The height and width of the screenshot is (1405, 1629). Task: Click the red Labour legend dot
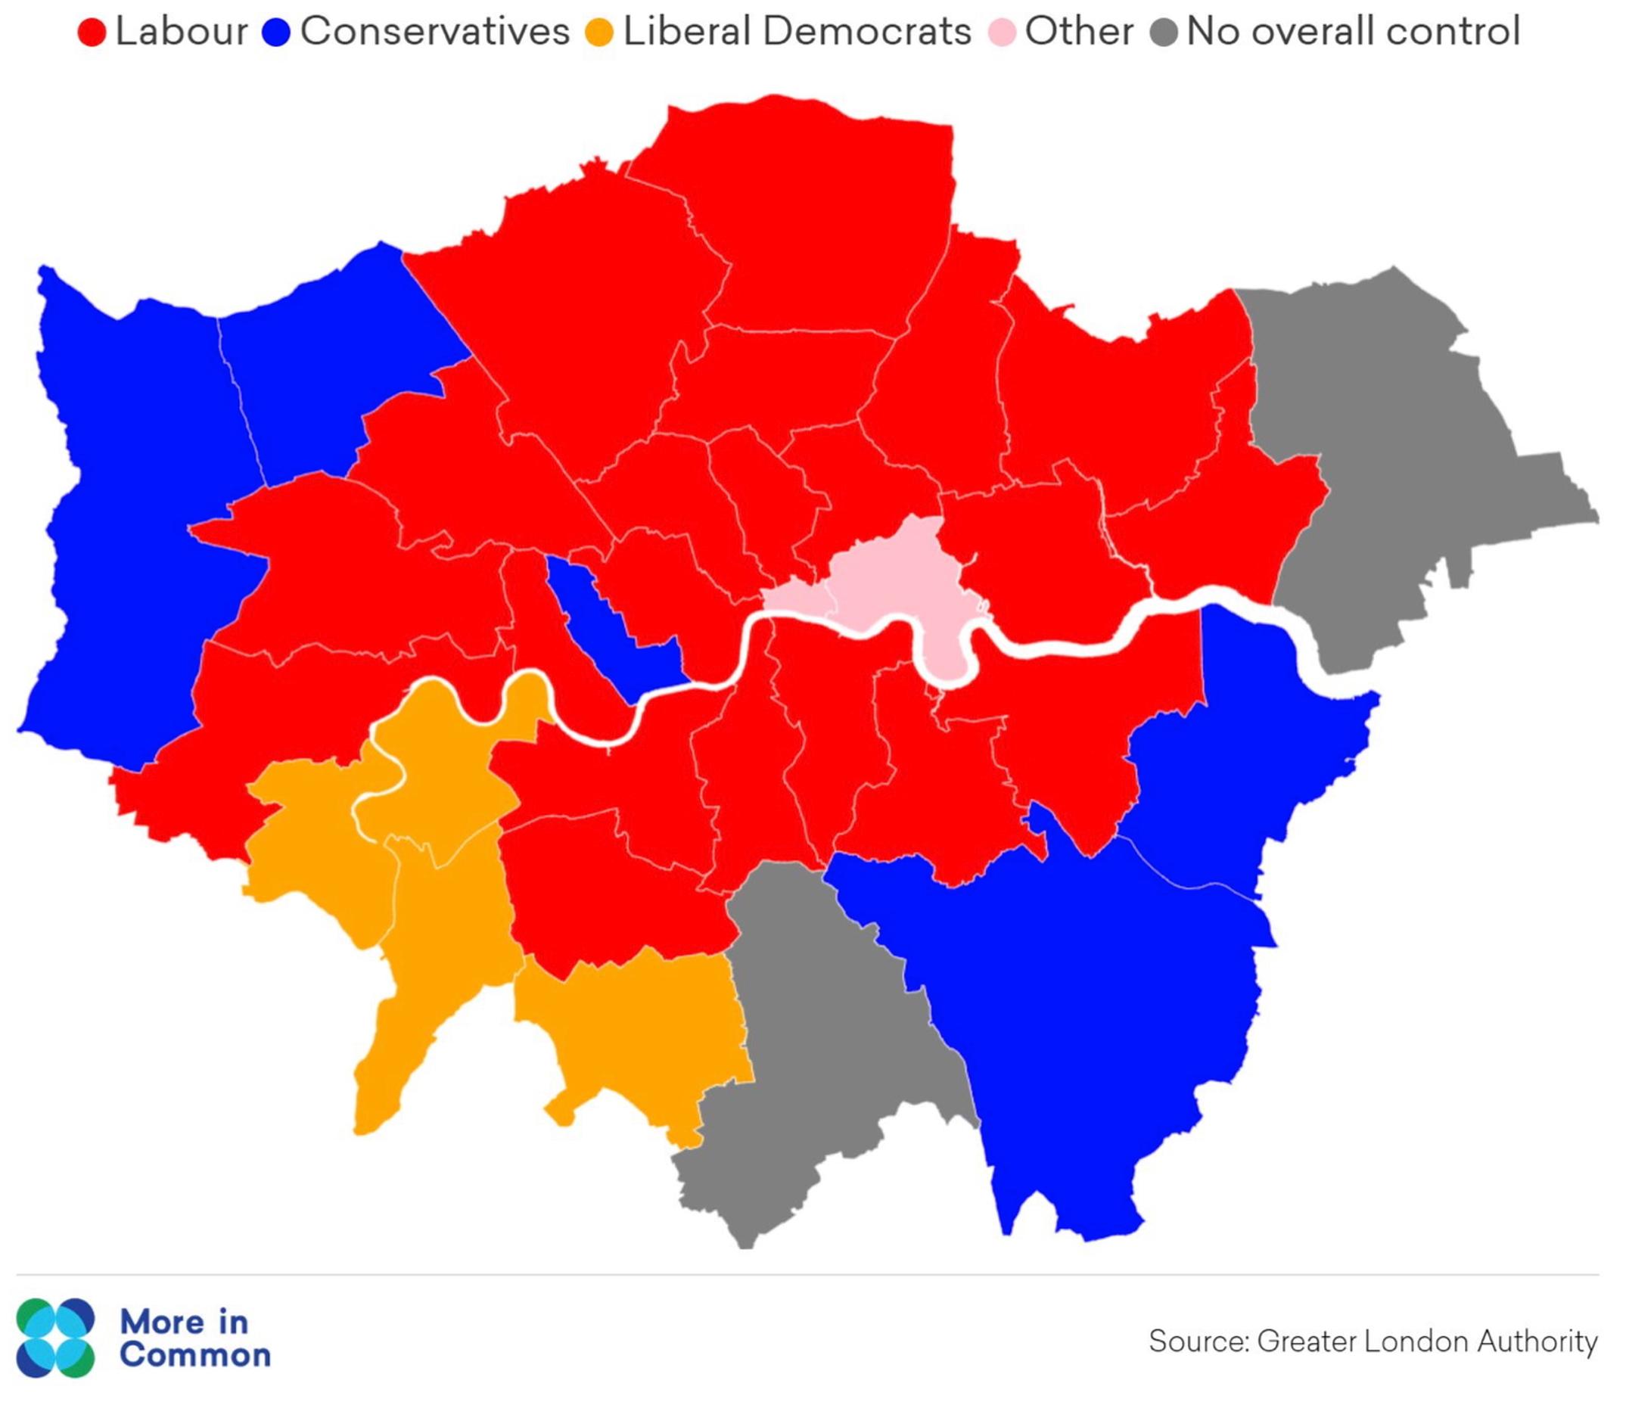click(x=92, y=33)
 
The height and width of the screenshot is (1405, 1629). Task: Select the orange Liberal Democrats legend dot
click(x=600, y=33)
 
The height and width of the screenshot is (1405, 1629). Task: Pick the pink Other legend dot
click(x=1002, y=33)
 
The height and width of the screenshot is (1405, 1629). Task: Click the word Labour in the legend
click(x=182, y=32)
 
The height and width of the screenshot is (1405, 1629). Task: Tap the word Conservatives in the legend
click(x=435, y=32)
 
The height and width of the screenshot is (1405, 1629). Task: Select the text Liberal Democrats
click(x=797, y=32)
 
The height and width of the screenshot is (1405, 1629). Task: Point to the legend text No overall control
click(x=1353, y=32)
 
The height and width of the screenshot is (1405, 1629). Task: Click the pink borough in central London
click(x=897, y=582)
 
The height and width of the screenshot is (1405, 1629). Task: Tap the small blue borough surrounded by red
click(x=621, y=629)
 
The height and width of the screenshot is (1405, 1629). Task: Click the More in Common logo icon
click(x=55, y=1338)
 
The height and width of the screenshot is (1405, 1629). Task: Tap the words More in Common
click(x=195, y=1338)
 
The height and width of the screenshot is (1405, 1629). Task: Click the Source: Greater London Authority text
click(x=1373, y=1341)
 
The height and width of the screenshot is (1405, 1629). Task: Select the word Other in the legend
click(x=1079, y=32)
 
